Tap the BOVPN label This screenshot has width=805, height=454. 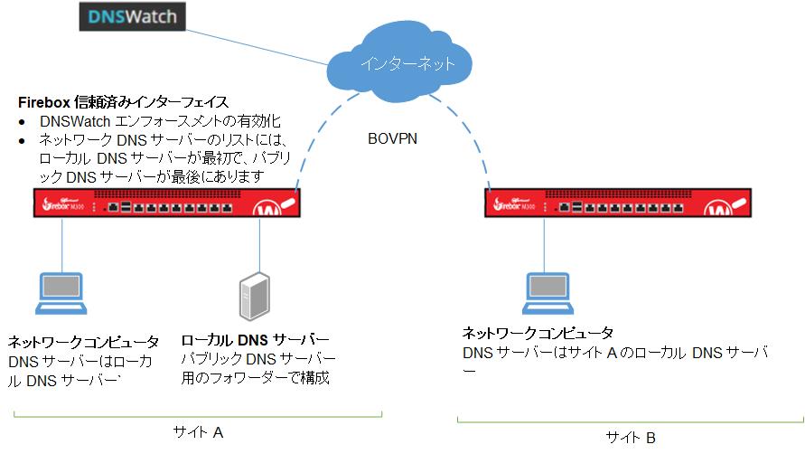click(393, 140)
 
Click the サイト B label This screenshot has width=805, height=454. click(631, 437)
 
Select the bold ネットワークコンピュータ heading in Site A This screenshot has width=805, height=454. click(83, 342)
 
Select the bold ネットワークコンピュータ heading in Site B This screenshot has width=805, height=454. click(538, 333)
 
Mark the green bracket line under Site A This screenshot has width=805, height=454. click(198, 416)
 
